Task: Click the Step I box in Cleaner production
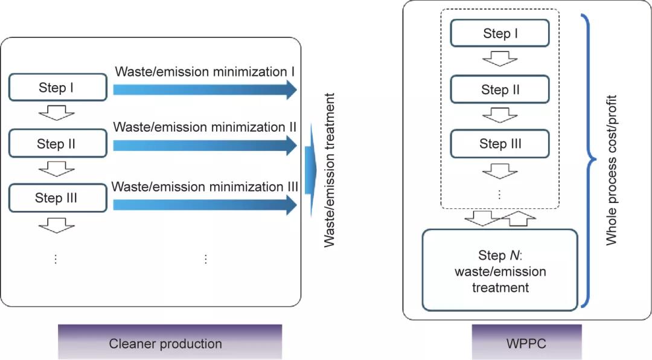pyautogui.click(x=56, y=88)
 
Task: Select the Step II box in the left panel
pyautogui.click(x=56, y=144)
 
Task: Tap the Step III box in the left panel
pyautogui.click(x=56, y=198)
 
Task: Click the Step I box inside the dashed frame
pyautogui.click(x=500, y=34)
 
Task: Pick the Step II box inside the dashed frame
pyautogui.click(x=500, y=90)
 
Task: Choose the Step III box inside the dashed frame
pyautogui.click(x=500, y=144)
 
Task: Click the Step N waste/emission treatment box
pyautogui.click(x=500, y=270)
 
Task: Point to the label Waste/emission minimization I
pyautogui.click(x=204, y=72)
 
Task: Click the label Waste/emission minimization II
pyautogui.click(x=204, y=127)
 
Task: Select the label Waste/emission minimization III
pyautogui.click(x=205, y=187)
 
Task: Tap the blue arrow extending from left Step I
pyautogui.click(x=204, y=89)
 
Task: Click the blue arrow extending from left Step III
pyautogui.click(x=204, y=205)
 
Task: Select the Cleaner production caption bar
pyautogui.click(x=170, y=343)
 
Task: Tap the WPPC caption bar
pyautogui.click(x=526, y=343)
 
